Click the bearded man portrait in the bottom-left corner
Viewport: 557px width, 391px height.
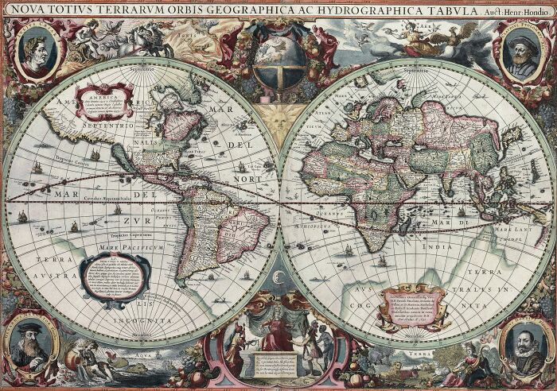[x=31, y=343]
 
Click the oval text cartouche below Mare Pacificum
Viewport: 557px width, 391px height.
[x=115, y=279]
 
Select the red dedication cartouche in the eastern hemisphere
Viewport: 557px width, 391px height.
[x=411, y=307]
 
